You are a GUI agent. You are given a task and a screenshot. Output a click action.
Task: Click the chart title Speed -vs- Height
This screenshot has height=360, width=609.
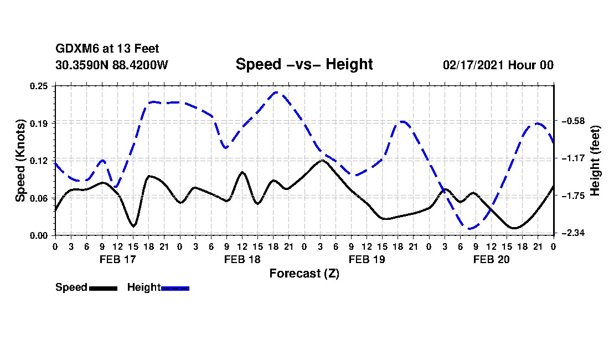pyautogui.click(x=304, y=65)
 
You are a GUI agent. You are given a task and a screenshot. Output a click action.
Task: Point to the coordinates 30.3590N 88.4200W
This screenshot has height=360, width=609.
pyautogui.click(x=111, y=65)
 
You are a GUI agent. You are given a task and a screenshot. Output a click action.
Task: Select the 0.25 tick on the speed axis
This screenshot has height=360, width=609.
pyautogui.click(x=40, y=86)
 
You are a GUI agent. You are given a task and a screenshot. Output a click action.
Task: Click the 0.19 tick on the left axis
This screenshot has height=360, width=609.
pyautogui.click(x=40, y=123)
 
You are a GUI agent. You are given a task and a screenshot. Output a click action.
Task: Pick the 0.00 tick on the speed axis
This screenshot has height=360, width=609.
pyautogui.click(x=40, y=235)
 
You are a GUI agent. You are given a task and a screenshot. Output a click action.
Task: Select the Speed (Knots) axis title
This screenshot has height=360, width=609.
pyautogui.click(x=20, y=160)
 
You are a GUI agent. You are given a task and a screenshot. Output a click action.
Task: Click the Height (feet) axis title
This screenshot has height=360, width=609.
pyautogui.click(x=596, y=161)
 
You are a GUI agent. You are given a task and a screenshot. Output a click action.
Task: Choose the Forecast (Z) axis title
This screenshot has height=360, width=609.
pyautogui.click(x=304, y=274)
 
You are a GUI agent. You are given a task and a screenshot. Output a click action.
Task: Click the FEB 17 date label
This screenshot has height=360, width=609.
pyautogui.click(x=117, y=259)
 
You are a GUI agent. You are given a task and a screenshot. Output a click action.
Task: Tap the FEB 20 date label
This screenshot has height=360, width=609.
pyautogui.click(x=491, y=259)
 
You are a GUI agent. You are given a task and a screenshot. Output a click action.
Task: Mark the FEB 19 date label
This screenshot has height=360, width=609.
pyautogui.click(x=367, y=259)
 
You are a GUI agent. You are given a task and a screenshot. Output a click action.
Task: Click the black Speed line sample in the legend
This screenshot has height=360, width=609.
pyautogui.click(x=103, y=288)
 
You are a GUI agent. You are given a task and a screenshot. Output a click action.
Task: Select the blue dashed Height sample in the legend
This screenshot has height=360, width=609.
pyautogui.click(x=175, y=288)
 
